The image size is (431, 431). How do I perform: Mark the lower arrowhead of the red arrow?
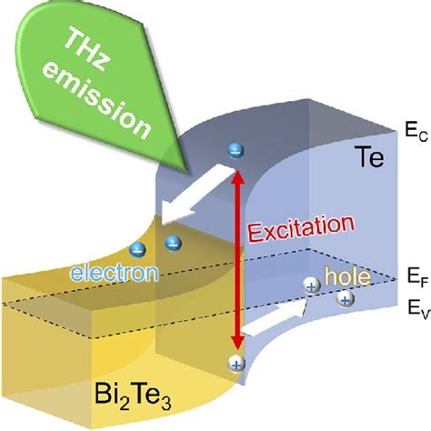[237, 342]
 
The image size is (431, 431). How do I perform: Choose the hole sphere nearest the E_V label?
[346, 298]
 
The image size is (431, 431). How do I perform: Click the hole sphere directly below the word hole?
[312, 286]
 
